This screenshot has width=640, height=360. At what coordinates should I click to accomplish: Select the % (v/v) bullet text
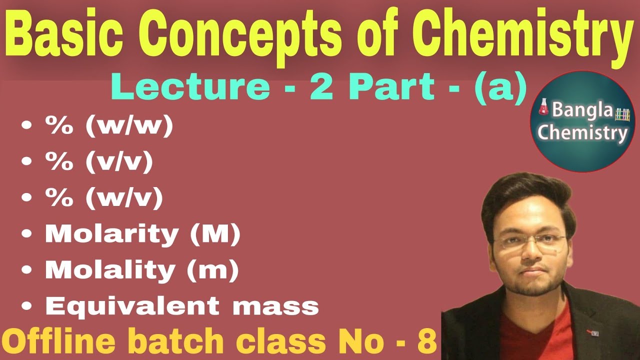(x=98, y=163)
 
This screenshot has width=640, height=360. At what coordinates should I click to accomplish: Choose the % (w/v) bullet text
(x=104, y=199)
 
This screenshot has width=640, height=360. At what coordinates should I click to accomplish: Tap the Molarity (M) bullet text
(x=143, y=234)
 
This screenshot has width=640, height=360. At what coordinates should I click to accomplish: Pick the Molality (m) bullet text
(x=142, y=270)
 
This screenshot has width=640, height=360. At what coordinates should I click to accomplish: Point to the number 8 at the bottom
(x=428, y=341)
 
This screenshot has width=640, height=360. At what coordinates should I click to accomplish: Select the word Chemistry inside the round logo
(x=583, y=133)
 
